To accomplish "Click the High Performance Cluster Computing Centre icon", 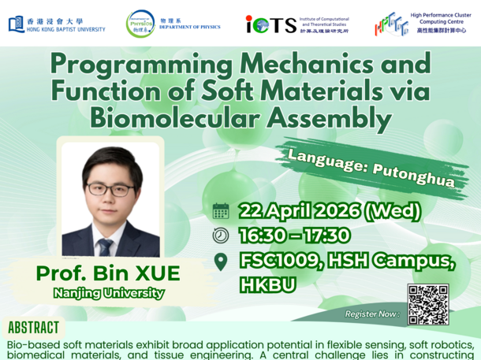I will [391, 24].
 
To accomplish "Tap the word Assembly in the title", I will [341, 118].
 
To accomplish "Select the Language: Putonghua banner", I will [370, 167].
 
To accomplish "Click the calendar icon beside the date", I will [221, 211].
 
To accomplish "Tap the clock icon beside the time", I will [221, 236].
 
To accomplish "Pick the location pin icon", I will [221, 262].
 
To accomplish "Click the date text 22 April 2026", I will [304, 211].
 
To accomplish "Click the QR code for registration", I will [428, 304].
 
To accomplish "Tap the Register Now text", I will [371, 314].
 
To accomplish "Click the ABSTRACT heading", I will [33, 328].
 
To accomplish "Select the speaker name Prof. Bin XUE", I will [108, 274].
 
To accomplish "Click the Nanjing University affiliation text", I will [109, 294].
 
